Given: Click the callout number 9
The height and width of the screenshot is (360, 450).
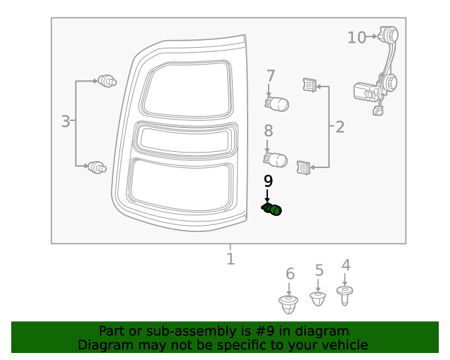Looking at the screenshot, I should pos(268,181).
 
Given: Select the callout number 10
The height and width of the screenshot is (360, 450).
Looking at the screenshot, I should pos(356,37).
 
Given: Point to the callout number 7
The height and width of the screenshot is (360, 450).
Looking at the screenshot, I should pos(270,76).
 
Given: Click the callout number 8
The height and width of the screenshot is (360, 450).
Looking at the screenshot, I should pos(268,131).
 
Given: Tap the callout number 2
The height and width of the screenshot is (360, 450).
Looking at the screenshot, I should pos(340,127).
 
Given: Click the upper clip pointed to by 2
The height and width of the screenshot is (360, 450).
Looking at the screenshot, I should pos(308,86).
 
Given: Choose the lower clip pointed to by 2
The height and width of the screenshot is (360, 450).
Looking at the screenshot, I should pos(304,167).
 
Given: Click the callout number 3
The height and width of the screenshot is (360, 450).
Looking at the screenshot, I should pos(65,122).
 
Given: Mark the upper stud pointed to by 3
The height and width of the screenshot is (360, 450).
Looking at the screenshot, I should pos(107,82).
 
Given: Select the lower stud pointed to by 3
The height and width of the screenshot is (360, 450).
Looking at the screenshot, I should pos(97,167).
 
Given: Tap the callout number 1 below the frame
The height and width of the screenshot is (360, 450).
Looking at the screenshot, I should pos(230,259).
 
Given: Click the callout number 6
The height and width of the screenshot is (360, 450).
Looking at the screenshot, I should pos(290,274).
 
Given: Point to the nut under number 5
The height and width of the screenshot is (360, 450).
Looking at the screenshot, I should pos(319,300).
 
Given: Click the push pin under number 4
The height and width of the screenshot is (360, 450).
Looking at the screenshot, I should pos(345,295).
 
